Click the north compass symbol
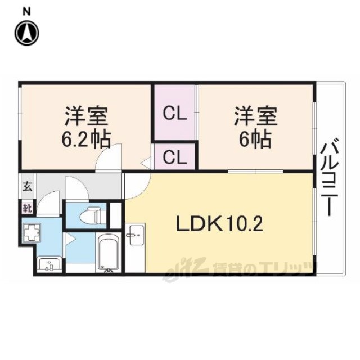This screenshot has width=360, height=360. [x=27, y=33]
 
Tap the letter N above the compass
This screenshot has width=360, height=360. [x=27, y=12]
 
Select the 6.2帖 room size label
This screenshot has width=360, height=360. [x=86, y=139]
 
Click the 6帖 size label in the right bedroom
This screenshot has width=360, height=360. [x=255, y=139]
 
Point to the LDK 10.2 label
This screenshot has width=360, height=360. [x=219, y=224]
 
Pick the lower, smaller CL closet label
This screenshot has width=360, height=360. [x=175, y=157]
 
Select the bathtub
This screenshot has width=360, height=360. [x=109, y=253]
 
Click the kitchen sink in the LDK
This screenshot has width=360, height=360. [x=137, y=235]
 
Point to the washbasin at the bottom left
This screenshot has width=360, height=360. [x=49, y=264]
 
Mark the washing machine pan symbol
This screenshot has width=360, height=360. [x=31, y=232]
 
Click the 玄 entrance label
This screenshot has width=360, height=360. [x=27, y=186]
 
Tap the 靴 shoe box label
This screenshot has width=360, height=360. [x=27, y=209]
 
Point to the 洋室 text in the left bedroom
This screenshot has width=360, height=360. [x=86, y=116]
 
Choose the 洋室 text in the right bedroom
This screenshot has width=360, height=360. [x=256, y=116]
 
